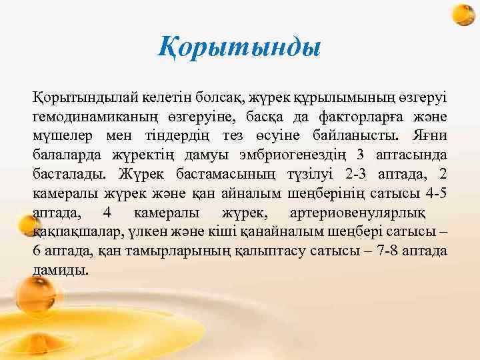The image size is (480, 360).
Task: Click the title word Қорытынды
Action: (x=240, y=47)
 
